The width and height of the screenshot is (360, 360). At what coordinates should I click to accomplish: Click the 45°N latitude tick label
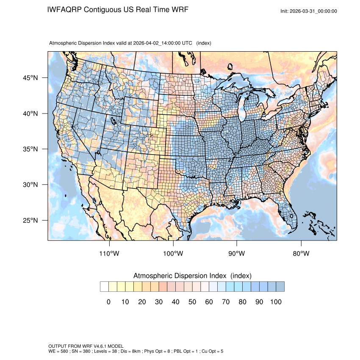point(30,78)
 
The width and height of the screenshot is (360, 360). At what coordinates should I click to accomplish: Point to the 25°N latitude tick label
point(30,220)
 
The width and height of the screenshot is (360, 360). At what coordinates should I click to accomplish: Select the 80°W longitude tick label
point(301,254)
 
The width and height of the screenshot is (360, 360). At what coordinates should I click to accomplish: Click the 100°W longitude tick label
point(173,254)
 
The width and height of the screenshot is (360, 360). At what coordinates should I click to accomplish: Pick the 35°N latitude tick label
point(30,149)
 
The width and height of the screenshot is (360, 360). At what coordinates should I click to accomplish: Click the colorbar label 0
point(108,302)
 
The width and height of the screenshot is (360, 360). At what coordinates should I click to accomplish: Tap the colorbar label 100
point(276,302)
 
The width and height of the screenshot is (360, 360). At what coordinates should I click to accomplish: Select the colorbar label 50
point(192,302)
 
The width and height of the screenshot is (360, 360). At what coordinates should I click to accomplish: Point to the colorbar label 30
point(159,302)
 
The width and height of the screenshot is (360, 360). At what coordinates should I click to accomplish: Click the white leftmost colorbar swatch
point(104,287)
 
